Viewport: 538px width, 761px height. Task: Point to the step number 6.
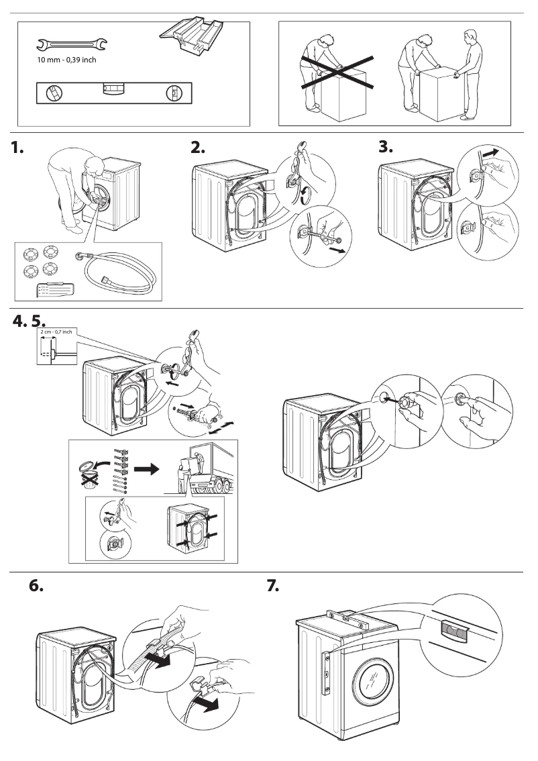[37, 585]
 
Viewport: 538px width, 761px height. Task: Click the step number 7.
[273, 585]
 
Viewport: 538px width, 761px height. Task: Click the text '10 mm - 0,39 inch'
[66, 60]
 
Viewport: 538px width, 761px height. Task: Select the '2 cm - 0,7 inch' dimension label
[58, 332]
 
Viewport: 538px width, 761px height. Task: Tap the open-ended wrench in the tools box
[70, 45]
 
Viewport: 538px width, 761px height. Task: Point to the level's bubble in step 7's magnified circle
[453, 631]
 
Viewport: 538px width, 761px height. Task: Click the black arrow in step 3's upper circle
[492, 154]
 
